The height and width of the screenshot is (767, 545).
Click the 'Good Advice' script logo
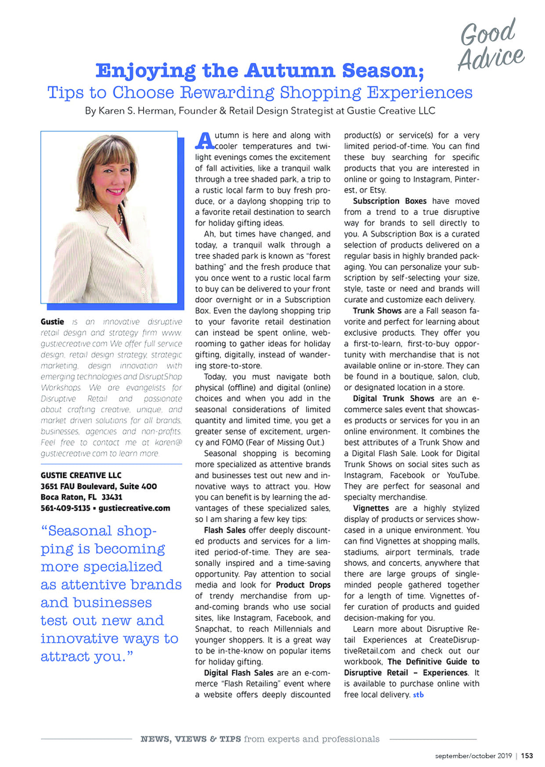coord(491,45)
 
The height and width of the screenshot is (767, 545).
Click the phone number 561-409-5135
coord(65,508)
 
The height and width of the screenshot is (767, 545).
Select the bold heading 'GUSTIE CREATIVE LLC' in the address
coord(81,475)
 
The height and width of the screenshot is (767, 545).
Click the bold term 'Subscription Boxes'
coord(390,201)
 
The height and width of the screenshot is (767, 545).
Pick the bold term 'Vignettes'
coord(371,508)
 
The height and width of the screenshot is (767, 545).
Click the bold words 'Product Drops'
coord(303,585)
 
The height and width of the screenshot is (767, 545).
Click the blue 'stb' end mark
coord(418,695)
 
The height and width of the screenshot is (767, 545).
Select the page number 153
coord(527,756)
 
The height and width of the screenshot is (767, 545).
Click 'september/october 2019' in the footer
coord(473,756)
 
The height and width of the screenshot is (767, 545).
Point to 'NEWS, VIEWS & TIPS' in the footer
coord(191,739)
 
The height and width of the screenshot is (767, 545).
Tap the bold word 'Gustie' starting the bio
coord(52,322)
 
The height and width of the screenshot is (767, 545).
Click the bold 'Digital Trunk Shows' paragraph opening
coord(393,399)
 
